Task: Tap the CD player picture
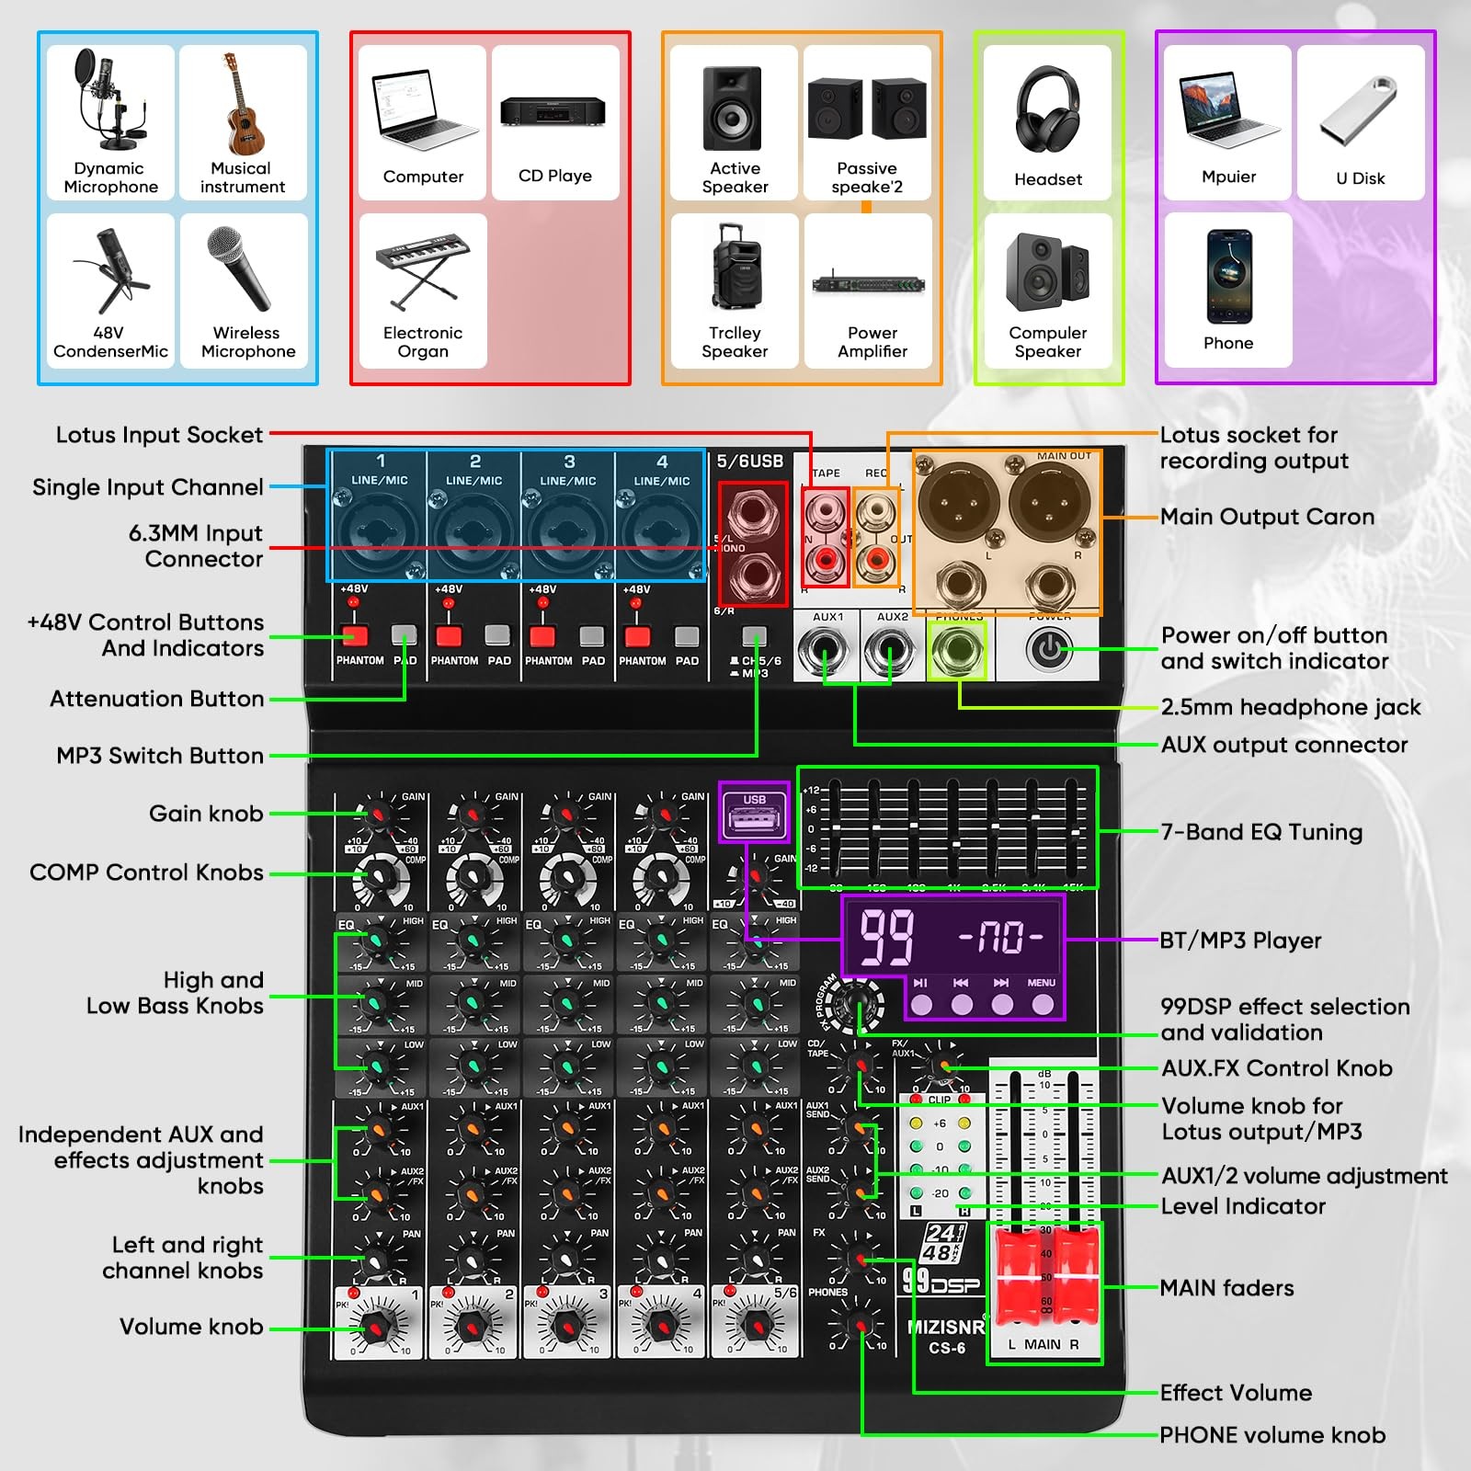tap(553, 111)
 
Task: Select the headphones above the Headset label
tap(1047, 108)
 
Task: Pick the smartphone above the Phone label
tap(1229, 276)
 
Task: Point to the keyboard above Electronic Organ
tap(423, 267)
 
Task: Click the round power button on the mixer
tap(1049, 650)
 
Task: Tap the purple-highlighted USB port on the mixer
tap(754, 817)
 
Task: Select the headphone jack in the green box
tap(958, 650)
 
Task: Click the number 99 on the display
tap(886, 938)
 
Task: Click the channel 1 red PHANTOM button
tap(354, 636)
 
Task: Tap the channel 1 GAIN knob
tap(379, 815)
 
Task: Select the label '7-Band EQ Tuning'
tap(1261, 832)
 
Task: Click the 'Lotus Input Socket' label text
tap(159, 435)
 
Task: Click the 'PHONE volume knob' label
tap(1272, 1435)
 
